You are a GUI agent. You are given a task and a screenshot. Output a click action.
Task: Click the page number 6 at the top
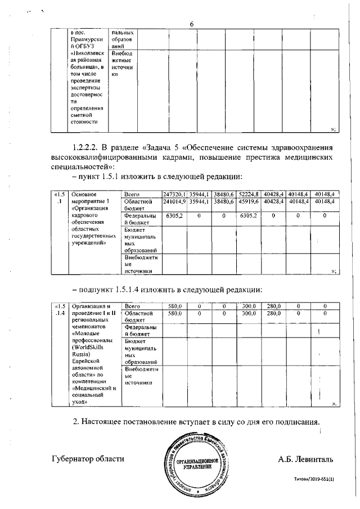click(191, 24)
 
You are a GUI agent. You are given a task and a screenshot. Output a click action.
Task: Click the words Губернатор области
click(88, 459)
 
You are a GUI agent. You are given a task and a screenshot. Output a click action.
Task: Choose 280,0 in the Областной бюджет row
click(273, 313)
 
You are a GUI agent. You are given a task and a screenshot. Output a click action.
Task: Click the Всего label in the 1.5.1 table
click(132, 194)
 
